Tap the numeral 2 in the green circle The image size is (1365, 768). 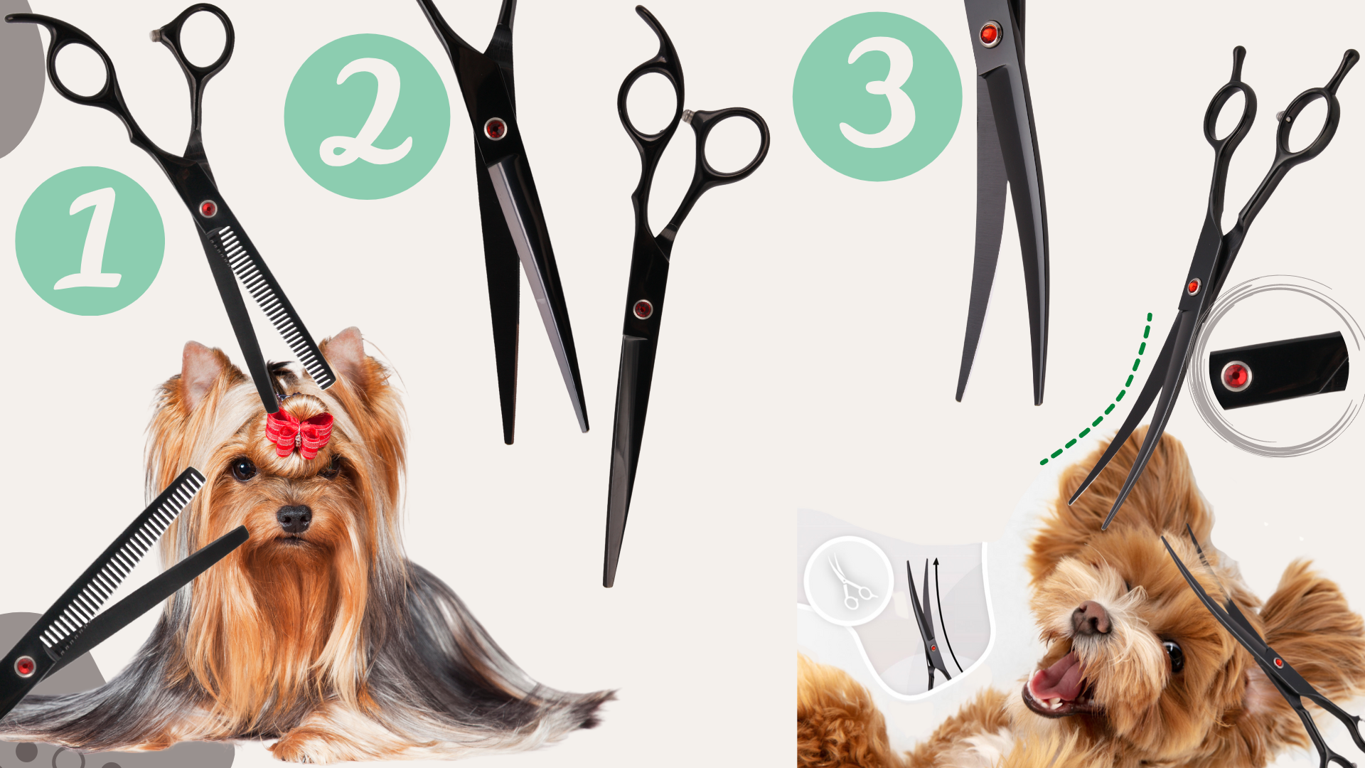(366, 114)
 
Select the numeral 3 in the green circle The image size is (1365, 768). (879, 94)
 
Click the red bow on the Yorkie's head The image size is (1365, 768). (299, 432)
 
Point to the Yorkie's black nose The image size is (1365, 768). (294, 518)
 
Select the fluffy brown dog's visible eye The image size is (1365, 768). (1173, 655)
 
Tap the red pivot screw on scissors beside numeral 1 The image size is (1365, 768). (208, 208)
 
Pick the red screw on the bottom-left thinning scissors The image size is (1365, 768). (25, 666)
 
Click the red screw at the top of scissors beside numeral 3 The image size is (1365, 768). (989, 33)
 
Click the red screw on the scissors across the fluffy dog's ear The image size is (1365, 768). (1279, 663)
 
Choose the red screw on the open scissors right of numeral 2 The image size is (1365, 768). (643, 309)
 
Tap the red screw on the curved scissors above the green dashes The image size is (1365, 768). (1194, 287)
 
